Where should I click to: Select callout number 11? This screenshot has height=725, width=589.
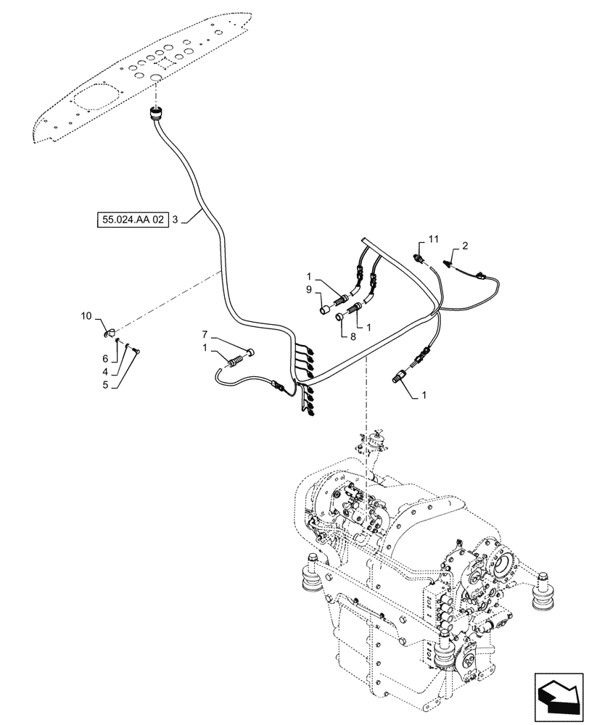[x=434, y=239]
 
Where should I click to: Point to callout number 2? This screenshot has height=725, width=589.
[x=465, y=246]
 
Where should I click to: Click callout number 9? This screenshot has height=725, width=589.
[x=309, y=291]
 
